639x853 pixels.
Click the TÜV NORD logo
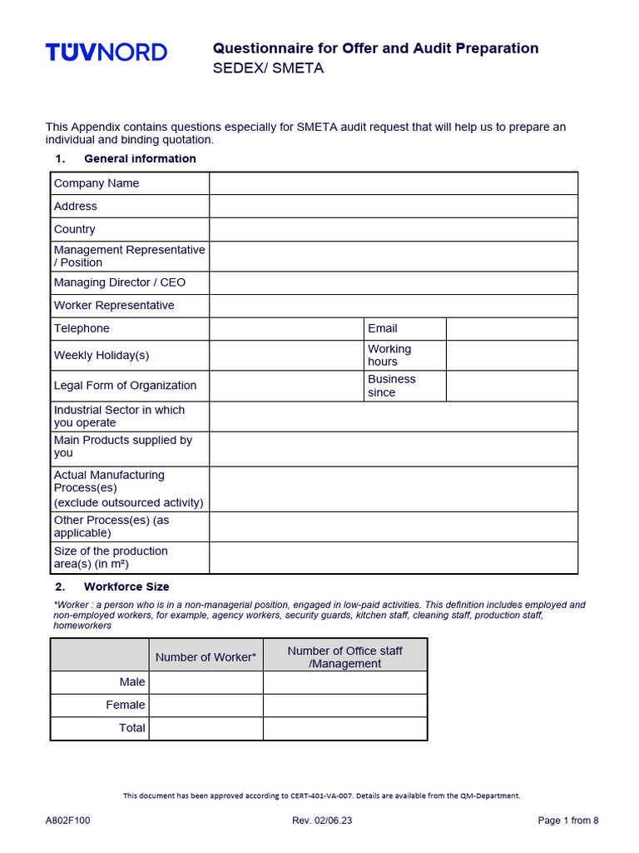pyautogui.click(x=106, y=52)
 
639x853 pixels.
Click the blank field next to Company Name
pyautogui.click(x=393, y=183)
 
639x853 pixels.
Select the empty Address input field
pyautogui.click(x=393, y=206)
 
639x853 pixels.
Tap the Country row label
pyautogui.click(x=75, y=229)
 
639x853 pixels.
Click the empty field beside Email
pyautogui.click(x=511, y=328)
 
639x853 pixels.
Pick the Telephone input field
pyautogui.click(x=286, y=328)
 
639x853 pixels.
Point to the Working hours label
pyautogui.click(x=389, y=355)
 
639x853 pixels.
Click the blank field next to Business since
pyautogui.click(x=511, y=386)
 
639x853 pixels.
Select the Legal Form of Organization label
pyautogui.click(x=125, y=386)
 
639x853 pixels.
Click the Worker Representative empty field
pyautogui.click(x=393, y=306)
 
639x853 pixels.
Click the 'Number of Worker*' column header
pyautogui.click(x=206, y=657)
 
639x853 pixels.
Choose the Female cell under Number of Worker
pyautogui.click(x=206, y=705)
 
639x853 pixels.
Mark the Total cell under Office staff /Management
pyautogui.click(x=344, y=728)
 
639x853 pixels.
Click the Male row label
pyautogui.click(x=131, y=681)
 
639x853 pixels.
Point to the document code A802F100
pyautogui.click(x=68, y=821)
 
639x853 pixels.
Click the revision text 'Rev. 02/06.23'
pyautogui.click(x=322, y=821)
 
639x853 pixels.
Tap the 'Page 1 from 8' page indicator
pyautogui.click(x=568, y=821)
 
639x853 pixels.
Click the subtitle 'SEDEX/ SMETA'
pyautogui.click(x=268, y=68)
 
